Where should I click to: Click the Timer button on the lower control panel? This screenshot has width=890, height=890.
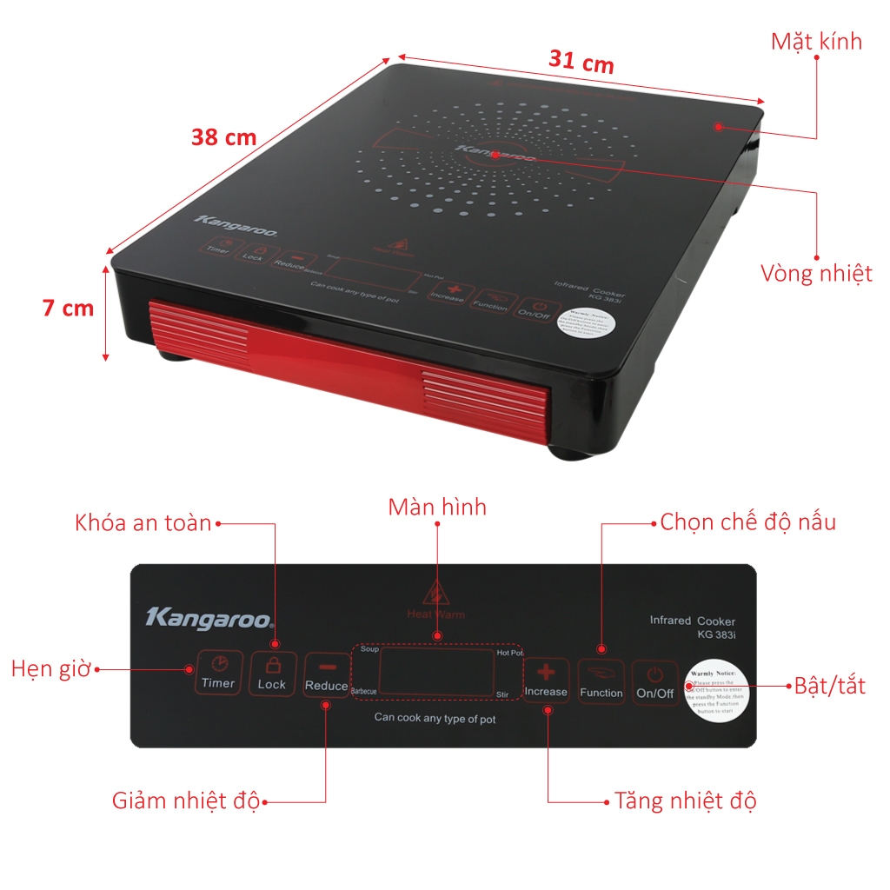218,672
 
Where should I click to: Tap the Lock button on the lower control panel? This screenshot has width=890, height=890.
272,674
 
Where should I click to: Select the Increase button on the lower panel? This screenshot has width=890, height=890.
546,681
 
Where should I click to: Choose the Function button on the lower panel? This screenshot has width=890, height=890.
601,681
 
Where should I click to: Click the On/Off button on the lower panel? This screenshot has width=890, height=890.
654,682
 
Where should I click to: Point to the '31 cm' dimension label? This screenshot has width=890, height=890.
581,62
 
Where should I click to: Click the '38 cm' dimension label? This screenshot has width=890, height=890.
223,136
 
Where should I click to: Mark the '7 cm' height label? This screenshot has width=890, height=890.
68,308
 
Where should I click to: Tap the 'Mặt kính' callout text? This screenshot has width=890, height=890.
816,41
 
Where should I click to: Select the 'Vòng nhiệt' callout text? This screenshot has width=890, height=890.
816,274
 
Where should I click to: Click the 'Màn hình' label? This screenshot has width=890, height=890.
437,507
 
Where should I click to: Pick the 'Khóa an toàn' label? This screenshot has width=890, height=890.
143,523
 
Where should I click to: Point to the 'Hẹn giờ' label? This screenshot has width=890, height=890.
50,669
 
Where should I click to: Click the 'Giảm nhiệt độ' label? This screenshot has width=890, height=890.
185,800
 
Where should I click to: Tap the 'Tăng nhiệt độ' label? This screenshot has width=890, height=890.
685,800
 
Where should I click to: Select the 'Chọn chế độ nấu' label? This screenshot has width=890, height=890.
747,522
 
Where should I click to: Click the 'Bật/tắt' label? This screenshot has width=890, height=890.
830,685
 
